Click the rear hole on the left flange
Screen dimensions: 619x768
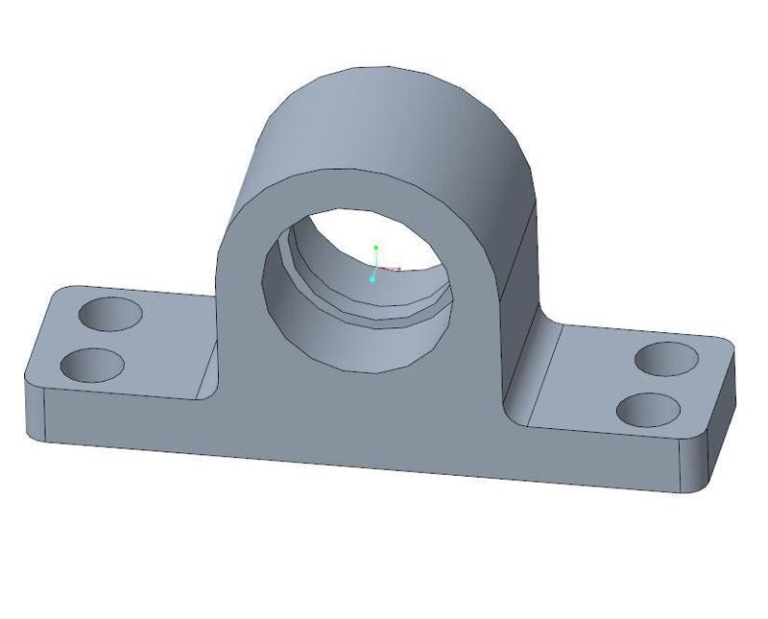click(x=109, y=313)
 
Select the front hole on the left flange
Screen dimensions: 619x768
click(x=92, y=365)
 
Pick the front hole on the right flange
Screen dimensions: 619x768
click(x=648, y=410)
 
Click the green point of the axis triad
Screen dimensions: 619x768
click(x=376, y=248)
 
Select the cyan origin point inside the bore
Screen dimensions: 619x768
click(x=372, y=279)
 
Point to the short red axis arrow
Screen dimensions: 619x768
click(x=392, y=269)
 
